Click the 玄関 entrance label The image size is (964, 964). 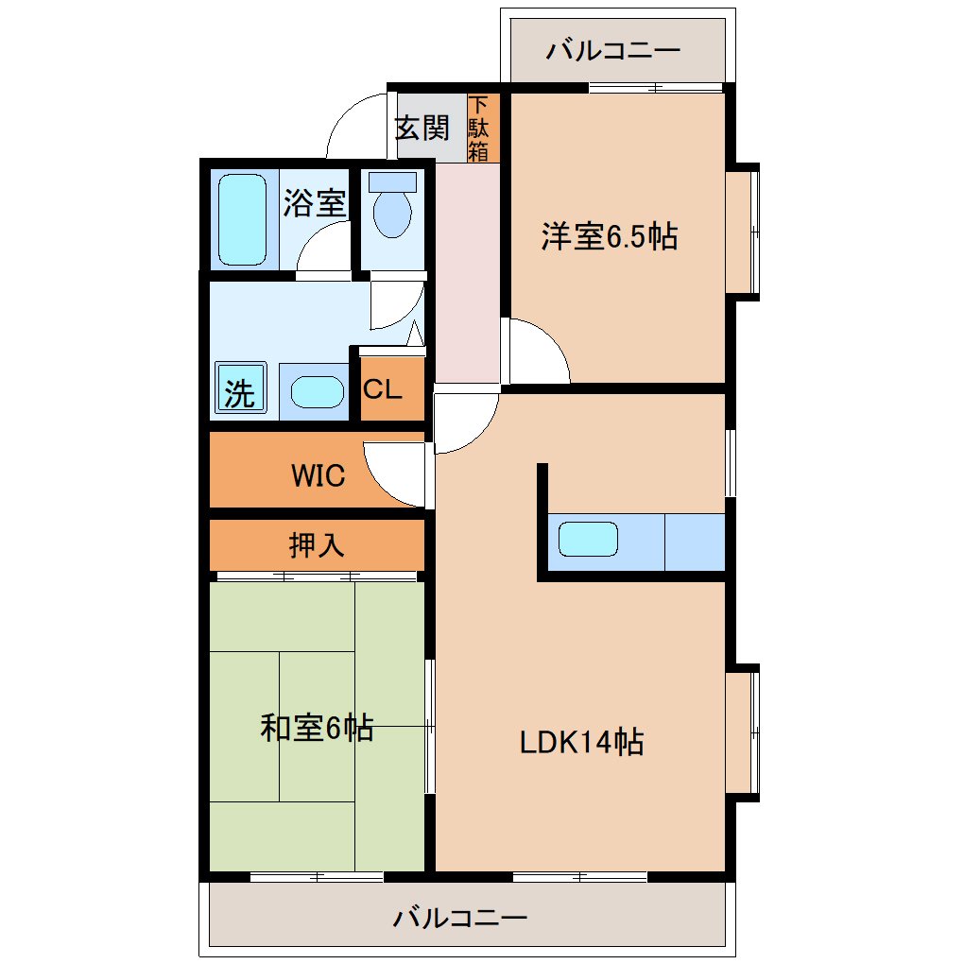coord(422,128)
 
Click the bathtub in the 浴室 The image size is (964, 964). coord(243,219)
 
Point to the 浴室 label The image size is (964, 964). coord(314,203)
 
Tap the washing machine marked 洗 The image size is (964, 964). coord(240,387)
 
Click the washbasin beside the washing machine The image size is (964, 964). coord(318,392)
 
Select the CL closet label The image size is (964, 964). coord(382,388)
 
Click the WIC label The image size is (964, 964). coord(318,475)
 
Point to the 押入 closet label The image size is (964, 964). coord(316,544)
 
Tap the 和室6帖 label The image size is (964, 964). coord(317,729)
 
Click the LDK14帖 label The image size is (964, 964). coord(581,742)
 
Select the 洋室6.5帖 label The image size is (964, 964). coord(610,236)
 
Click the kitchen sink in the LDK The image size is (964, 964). coord(588,539)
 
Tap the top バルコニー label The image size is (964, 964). coord(613,50)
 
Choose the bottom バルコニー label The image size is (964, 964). coord(460,919)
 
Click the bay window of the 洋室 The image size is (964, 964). coord(743,232)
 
